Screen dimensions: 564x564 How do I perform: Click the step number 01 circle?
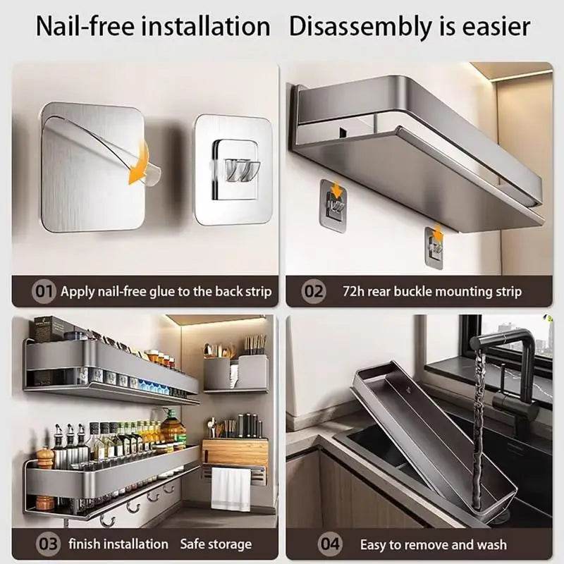(43, 291)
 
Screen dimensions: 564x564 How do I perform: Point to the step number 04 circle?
(331, 544)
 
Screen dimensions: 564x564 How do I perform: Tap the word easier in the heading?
(497, 27)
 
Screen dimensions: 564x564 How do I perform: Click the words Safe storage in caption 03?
(216, 544)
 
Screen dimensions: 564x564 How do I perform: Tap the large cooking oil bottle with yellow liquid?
(173, 430)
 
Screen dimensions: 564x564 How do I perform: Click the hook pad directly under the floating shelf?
(333, 204)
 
